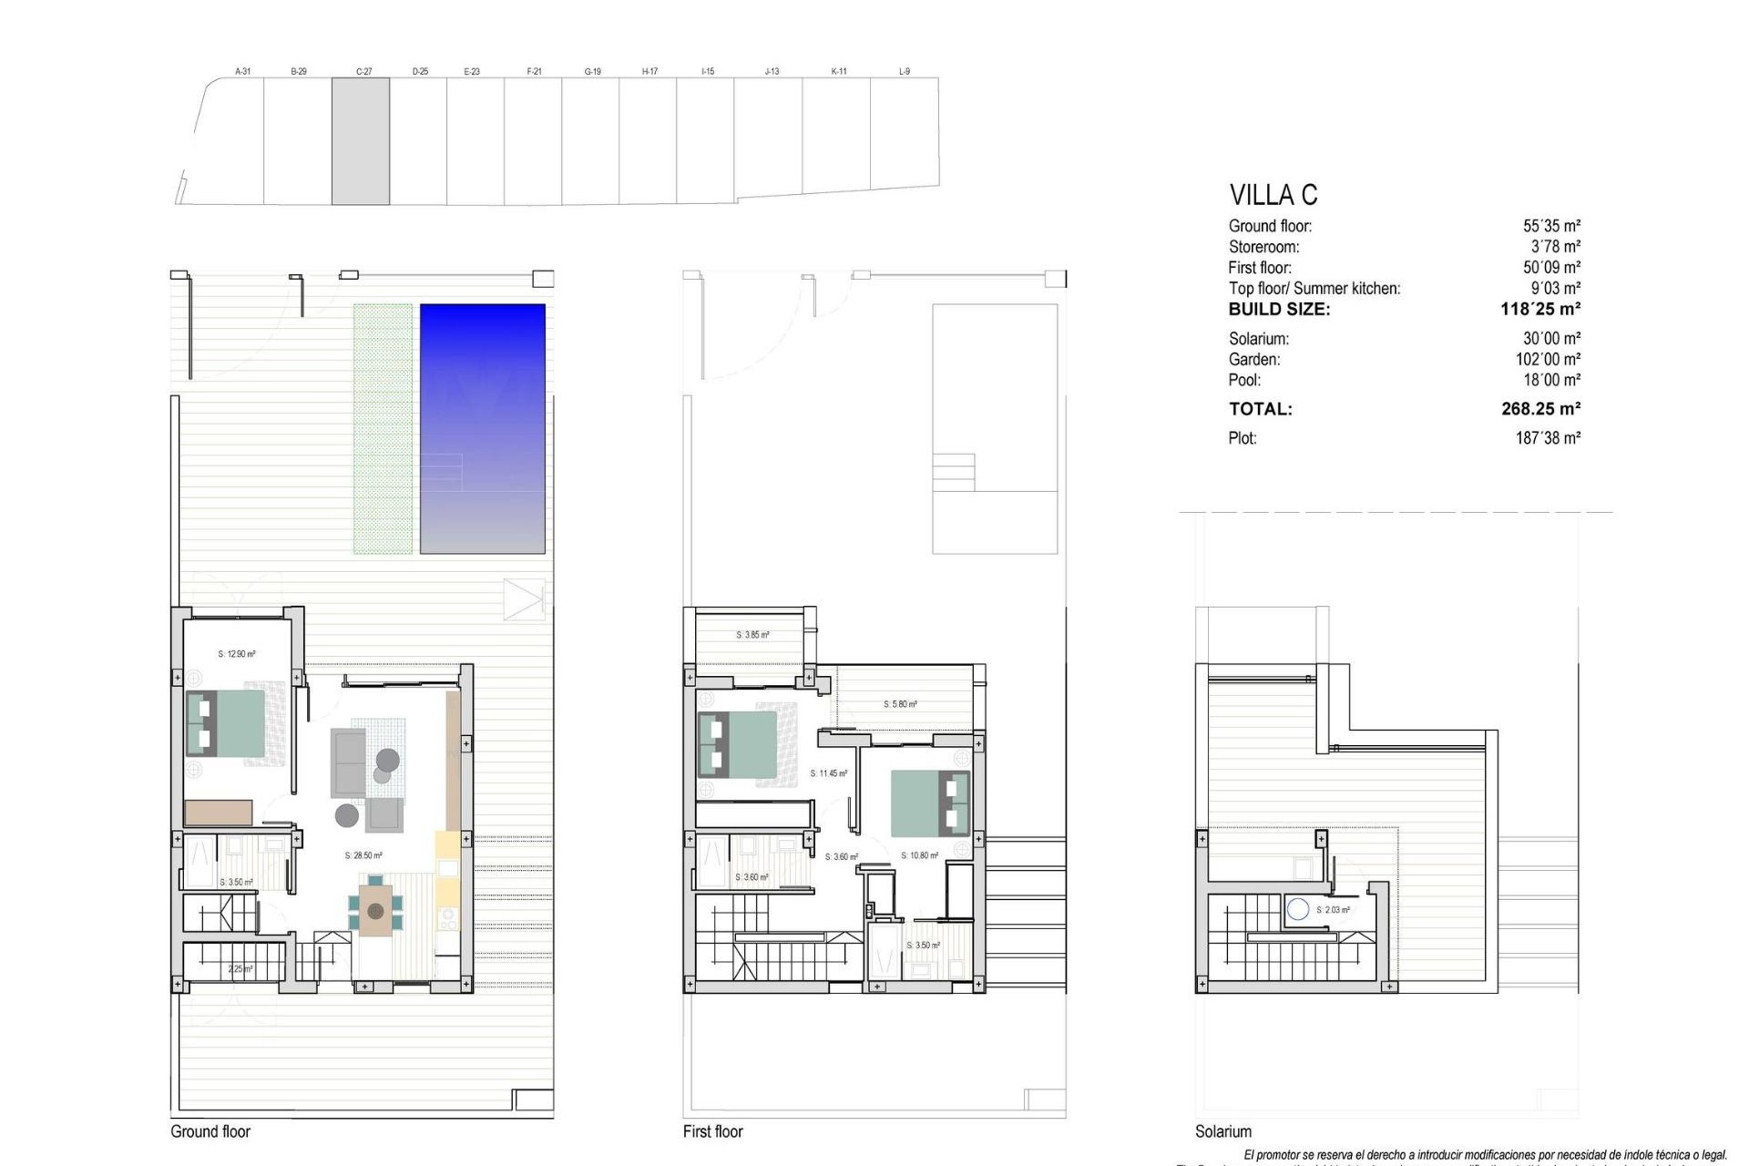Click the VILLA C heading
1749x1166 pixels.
pos(1273,195)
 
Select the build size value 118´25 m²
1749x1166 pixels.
pos(1539,309)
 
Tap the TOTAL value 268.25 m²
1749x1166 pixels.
pos(1540,409)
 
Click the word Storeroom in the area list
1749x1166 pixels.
pos(1263,247)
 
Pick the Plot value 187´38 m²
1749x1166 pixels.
pos(1548,438)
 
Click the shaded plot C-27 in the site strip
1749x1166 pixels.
pos(361,141)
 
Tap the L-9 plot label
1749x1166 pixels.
pos(904,71)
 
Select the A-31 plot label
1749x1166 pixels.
pos(242,71)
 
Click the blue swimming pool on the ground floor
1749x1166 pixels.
pos(482,428)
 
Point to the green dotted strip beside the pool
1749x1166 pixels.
pos(383,428)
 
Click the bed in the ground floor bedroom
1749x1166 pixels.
pos(226,723)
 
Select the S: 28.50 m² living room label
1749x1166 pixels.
pos(363,856)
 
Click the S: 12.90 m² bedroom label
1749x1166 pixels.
pos(237,654)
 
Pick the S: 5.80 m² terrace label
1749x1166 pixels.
pos(900,704)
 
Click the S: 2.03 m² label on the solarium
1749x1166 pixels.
pos(1333,910)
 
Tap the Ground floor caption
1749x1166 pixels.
pos(210,1131)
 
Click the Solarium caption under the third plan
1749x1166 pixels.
pos(1222,1131)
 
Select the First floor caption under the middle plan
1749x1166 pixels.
pos(712,1131)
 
